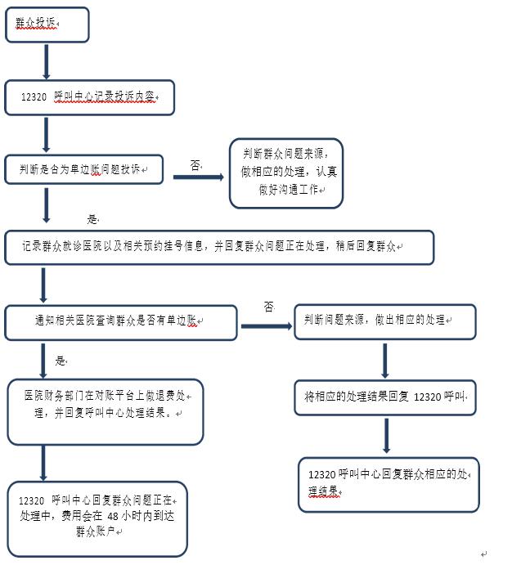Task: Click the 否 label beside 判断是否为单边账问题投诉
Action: coord(195,165)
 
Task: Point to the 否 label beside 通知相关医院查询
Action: coord(269,307)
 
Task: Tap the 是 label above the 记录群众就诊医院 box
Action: coord(92,218)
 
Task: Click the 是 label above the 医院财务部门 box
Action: coord(61,361)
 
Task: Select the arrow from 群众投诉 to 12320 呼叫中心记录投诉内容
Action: coord(46,61)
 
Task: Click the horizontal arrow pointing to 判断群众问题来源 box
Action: coord(199,177)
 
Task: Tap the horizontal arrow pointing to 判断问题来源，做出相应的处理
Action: coord(267,326)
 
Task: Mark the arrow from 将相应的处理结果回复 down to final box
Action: coord(387,436)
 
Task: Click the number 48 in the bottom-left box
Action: coord(113,517)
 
